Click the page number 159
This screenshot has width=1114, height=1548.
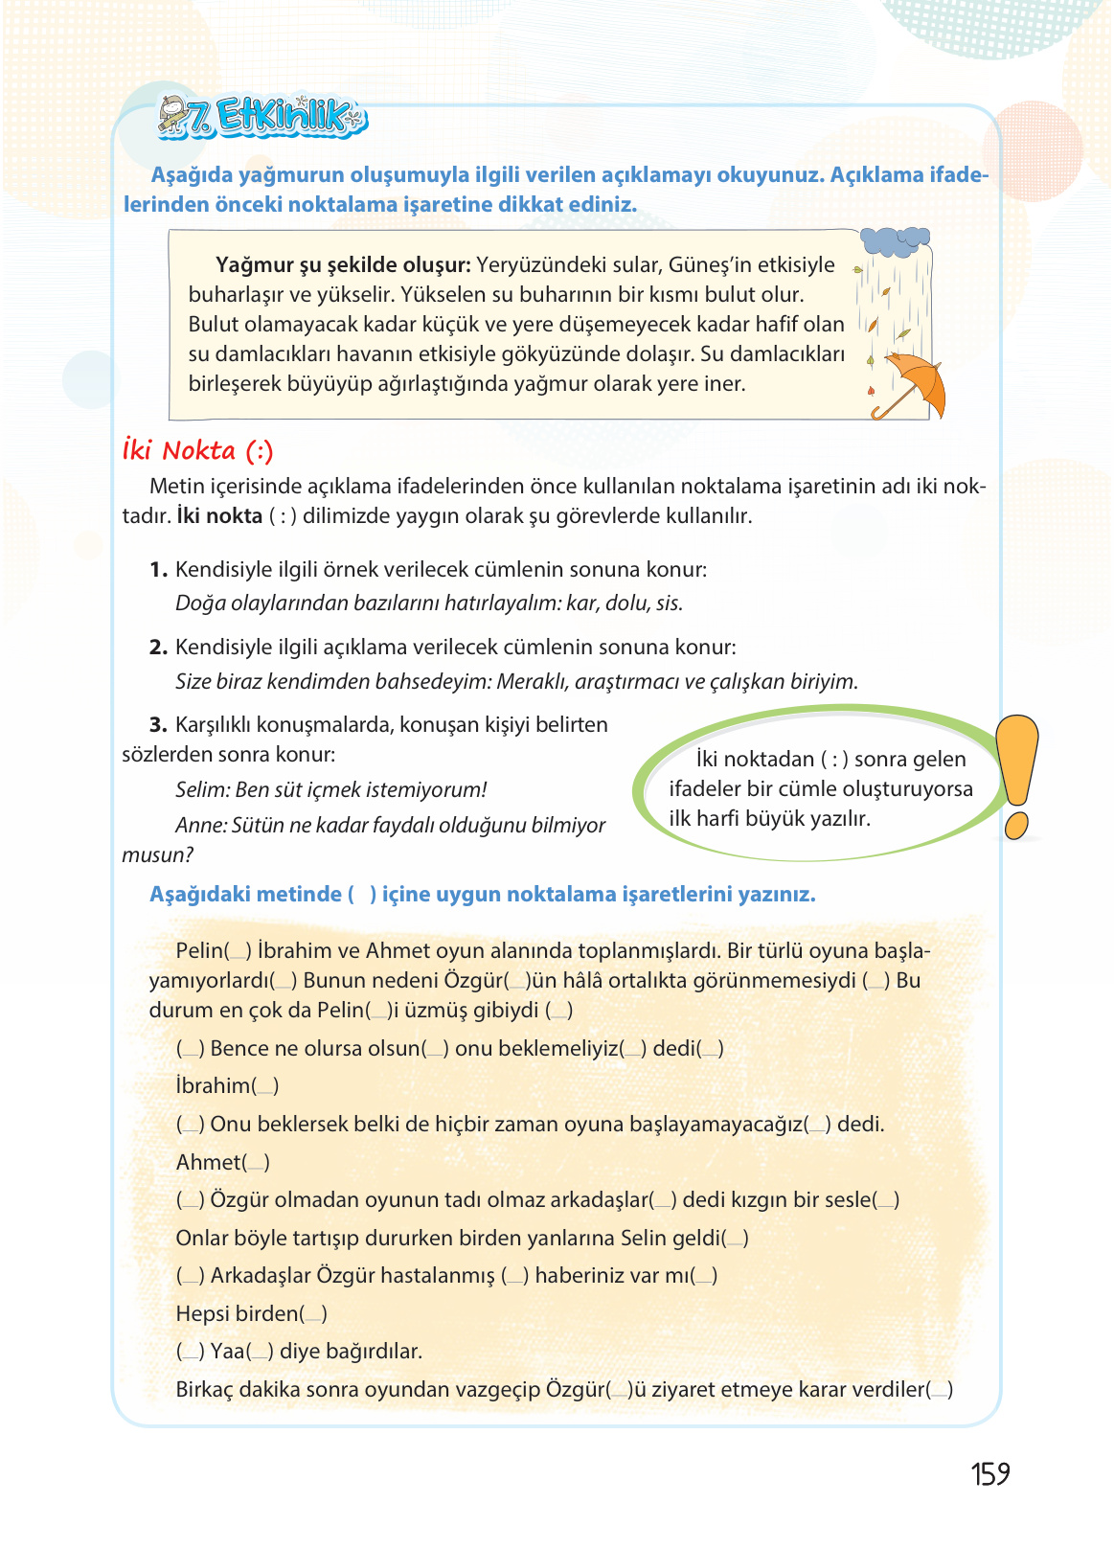point(989,1473)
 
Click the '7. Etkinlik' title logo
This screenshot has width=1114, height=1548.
point(263,118)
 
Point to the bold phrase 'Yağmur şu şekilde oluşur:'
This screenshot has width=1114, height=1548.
point(343,264)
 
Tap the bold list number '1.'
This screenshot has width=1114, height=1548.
point(158,570)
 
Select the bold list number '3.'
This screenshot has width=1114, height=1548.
point(158,725)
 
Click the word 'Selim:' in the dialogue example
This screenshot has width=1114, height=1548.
point(202,790)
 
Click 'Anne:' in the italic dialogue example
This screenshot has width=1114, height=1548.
point(201,826)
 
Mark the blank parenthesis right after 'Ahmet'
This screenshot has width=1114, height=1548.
point(257,1163)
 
